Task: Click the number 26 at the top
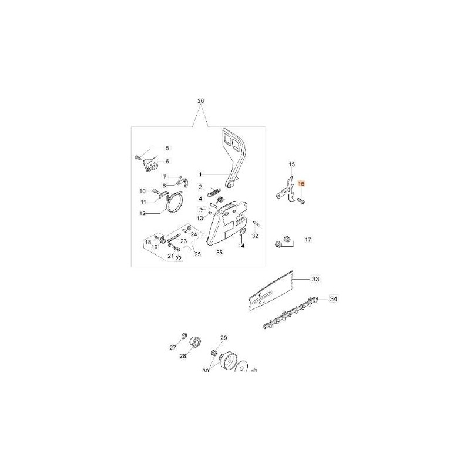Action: click(200, 101)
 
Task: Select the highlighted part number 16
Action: click(301, 183)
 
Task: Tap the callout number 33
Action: click(315, 278)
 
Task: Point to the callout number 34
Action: click(334, 300)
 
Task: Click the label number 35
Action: click(219, 253)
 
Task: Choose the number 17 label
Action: click(307, 240)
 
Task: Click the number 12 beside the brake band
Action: click(142, 213)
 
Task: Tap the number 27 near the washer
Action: click(173, 347)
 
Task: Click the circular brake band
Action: click(174, 206)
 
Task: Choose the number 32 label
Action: click(255, 236)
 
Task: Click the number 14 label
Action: click(241, 246)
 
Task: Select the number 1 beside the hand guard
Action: click(200, 174)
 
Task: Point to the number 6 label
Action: click(167, 161)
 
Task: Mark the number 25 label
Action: click(198, 254)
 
